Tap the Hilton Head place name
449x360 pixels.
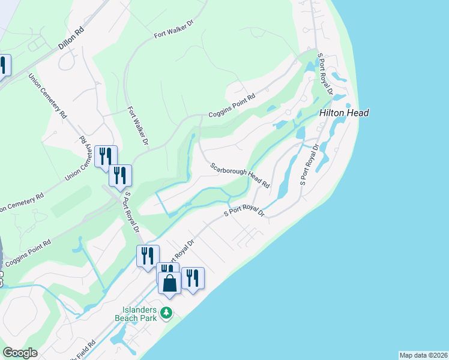[x=344, y=113]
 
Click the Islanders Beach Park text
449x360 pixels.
[x=136, y=314]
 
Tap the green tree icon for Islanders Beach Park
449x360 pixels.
[x=167, y=313]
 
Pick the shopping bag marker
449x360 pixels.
[x=170, y=283]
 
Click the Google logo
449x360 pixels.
[x=20, y=352]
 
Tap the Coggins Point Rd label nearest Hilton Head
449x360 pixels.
[x=232, y=106]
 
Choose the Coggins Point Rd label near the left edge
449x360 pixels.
[x=28, y=254]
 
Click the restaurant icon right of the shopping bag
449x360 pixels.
[x=192, y=278]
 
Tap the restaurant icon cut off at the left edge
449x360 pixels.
[x=4, y=65]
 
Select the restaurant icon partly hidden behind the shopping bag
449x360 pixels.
[x=165, y=271]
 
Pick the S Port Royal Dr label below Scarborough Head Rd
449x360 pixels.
[x=244, y=211]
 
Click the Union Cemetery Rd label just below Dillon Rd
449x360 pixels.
[x=47, y=95]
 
